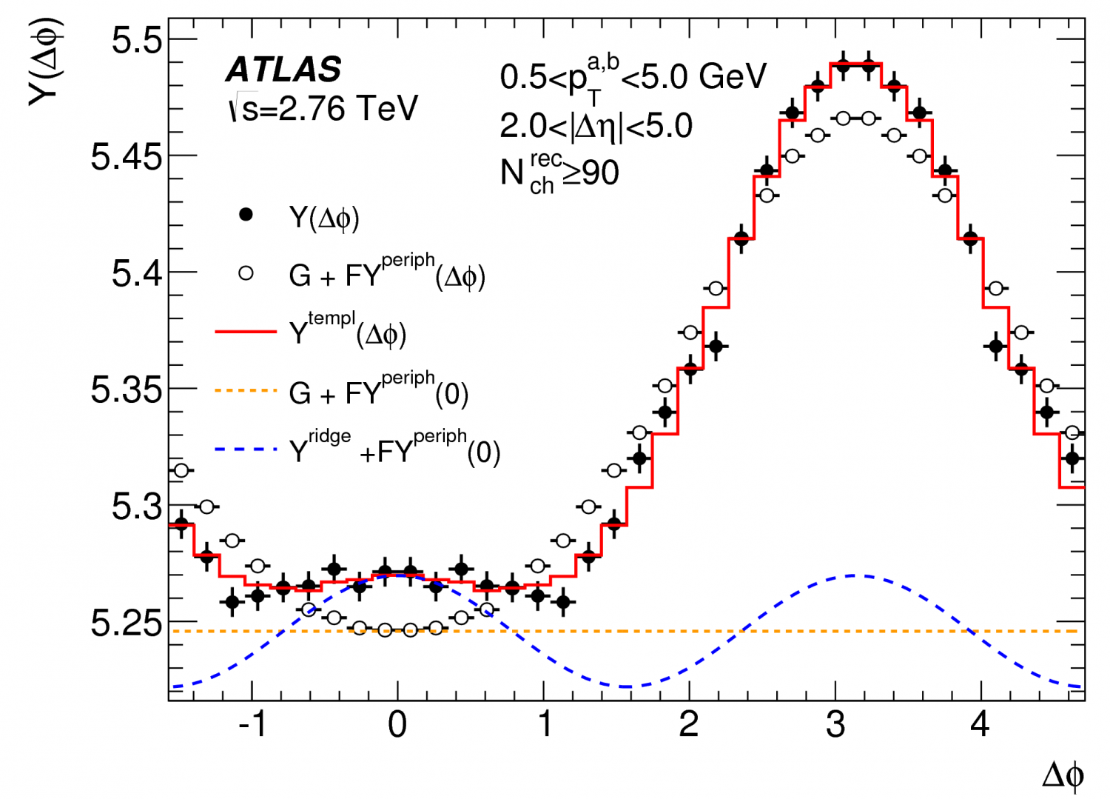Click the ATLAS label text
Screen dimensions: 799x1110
(x=283, y=70)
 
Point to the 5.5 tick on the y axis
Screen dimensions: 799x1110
(x=137, y=40)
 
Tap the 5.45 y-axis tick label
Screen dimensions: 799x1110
(x=126, y=157)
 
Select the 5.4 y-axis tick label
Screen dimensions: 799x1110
(x=137, y=274)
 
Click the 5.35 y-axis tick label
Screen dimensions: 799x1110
(x=126, y=390)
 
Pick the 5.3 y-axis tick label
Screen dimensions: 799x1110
(x=137, y=507)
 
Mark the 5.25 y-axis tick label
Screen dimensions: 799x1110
(x=126, y=624)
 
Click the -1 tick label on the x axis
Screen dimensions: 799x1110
(x=252, y=724)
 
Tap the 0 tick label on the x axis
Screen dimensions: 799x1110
(x=397, y=724)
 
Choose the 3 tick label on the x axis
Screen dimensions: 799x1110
(x=835, y=724)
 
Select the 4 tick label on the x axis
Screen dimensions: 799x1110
(x=980, y=724)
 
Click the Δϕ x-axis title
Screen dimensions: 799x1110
(x=1063, y=775)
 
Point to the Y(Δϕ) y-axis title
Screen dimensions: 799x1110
(x=46, y=63)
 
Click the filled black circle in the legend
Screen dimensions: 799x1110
(x=246, y=215)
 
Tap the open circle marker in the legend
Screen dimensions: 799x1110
(x=246, y=273)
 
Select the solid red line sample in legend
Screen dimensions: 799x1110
(x=246, y=332)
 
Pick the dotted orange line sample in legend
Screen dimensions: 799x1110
(x=246, y=390)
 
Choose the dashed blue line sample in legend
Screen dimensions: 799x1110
(x=246, y=449)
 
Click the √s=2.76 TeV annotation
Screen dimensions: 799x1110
(x=323, y=109)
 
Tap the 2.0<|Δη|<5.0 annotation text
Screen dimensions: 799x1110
(x=596, y=126)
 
